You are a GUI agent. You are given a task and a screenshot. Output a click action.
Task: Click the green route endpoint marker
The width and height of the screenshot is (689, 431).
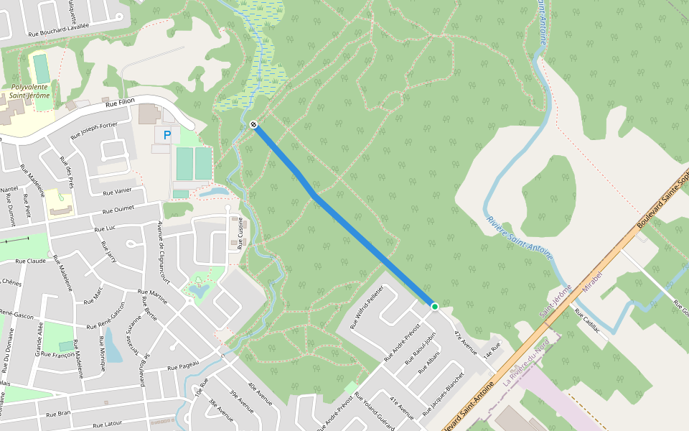(x=434, y=307)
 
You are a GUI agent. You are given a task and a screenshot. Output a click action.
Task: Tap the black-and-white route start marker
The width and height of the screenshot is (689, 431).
(x=253, y=125)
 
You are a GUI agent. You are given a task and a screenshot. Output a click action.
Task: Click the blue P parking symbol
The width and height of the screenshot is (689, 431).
(x=167, y=134)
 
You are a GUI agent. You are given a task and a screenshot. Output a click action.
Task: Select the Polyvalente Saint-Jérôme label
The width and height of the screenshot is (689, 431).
(x=29, y=91)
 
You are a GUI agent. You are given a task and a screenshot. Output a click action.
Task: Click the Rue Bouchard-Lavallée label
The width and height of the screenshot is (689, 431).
(x=59, y=29)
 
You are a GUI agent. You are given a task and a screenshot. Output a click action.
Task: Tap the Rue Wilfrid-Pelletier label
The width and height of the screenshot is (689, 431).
(x=367, y=307)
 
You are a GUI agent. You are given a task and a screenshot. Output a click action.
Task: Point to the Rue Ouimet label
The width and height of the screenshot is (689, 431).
(x=118, y=210)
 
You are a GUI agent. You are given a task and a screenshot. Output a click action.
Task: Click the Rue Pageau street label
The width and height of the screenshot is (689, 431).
(x=183, y=366)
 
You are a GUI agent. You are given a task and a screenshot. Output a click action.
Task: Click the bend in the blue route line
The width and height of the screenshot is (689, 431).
(x=314, y=195)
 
